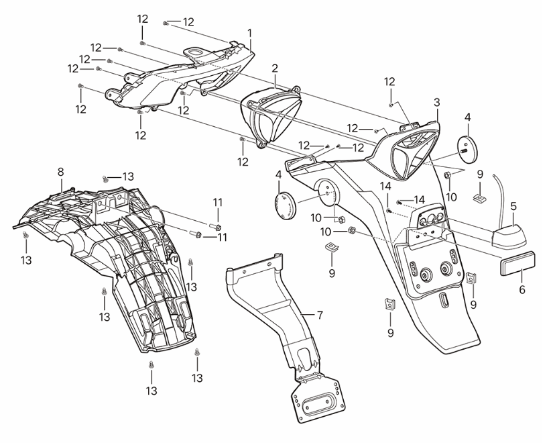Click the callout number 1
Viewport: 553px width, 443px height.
click(250, 32)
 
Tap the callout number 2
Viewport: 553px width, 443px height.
click(275, 68)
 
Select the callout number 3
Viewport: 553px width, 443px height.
click(436, 102)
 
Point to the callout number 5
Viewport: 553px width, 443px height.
click(513, 207)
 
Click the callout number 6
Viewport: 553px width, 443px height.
click(522, 289)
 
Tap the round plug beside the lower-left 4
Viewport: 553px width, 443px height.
click(286, 203)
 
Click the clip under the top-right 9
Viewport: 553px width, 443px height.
click(479, 198)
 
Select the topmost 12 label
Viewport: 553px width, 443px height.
click(143, 18)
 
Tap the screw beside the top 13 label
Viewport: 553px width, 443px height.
click(105, 179)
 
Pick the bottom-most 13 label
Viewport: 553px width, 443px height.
click(151, 390)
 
